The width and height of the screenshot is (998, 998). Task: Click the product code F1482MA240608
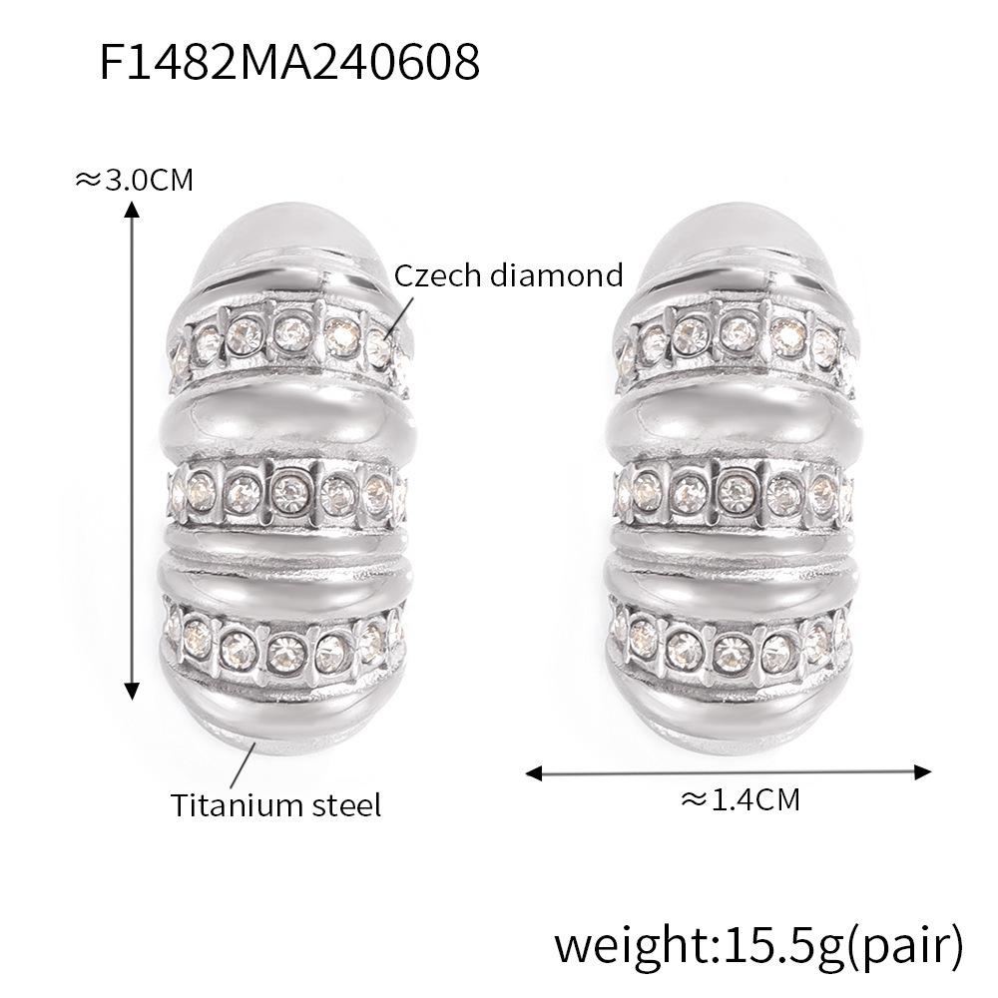[289, 62]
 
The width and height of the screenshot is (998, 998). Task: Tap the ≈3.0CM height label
[134, 180]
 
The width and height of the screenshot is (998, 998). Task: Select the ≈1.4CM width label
[740, 798]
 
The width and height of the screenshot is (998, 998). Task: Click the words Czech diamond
[508, 274]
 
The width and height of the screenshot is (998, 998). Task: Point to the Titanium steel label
[275, 804]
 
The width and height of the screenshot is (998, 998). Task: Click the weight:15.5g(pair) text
[758, 943]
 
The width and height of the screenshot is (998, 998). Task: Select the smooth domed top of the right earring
[734, 240]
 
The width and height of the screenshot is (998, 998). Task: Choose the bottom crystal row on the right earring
[734, 642]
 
